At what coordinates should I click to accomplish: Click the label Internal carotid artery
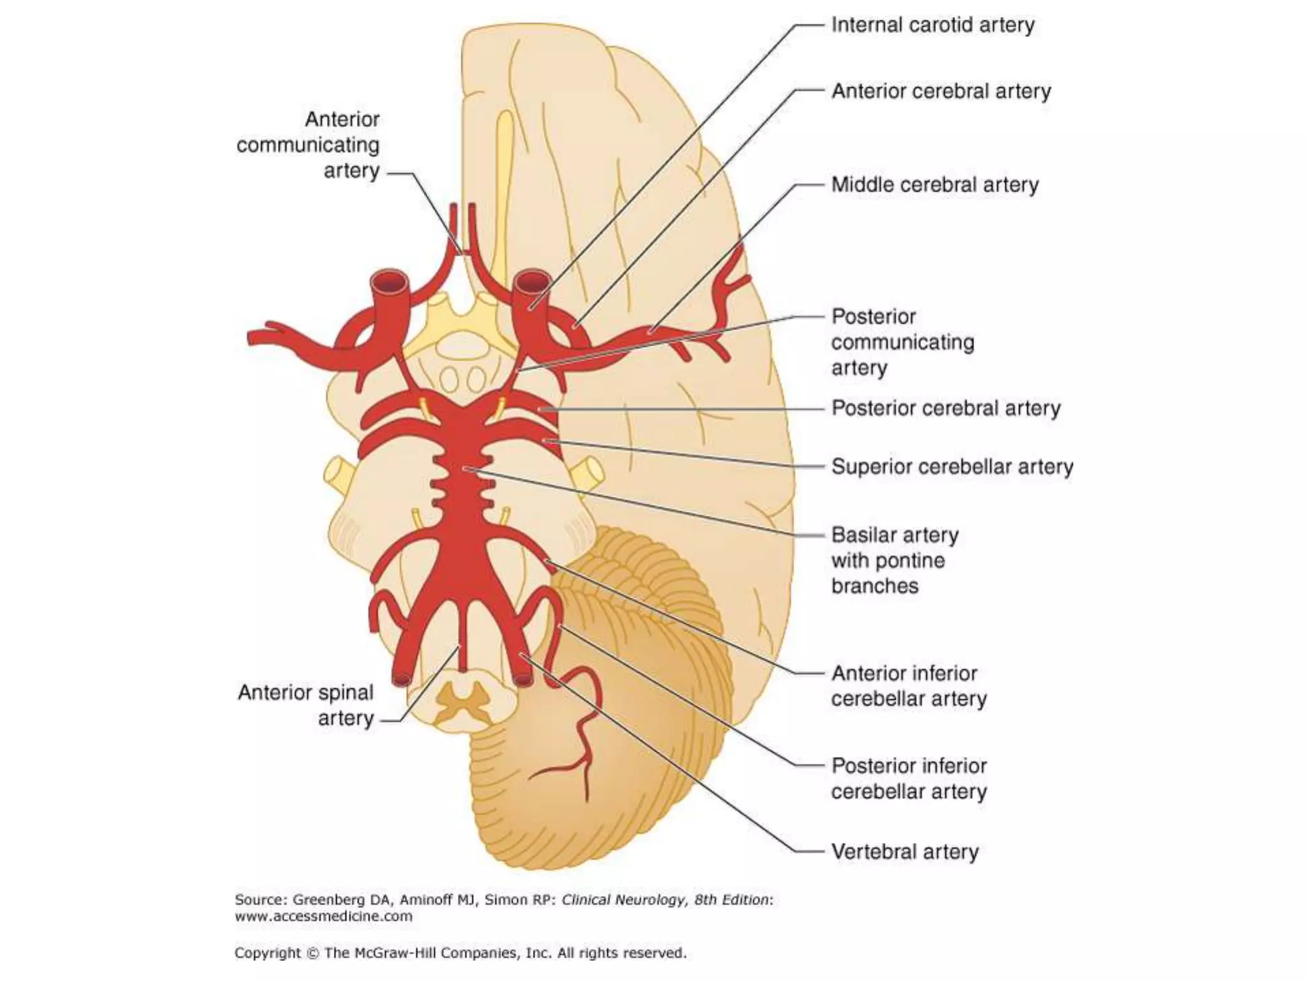click(x=932, y=26)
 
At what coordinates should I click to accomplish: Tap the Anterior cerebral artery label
click(x=941, y=92)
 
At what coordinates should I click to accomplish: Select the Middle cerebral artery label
click(x=934, y=185)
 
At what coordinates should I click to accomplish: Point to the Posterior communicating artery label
click(x=902, y=342)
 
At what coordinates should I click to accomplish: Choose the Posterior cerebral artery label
click(x=945, y=408)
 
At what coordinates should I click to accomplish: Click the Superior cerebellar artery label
click(x=952, y=467)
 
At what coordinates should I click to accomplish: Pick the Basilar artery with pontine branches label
click(x=894, y=560)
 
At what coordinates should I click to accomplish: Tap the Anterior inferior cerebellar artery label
click(x=908, y=686)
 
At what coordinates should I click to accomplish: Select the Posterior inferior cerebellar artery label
click(x=908, y=779)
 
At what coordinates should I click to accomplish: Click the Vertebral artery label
click(x=904, y=852)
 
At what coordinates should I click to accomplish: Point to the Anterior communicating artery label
click(x=308, y=145)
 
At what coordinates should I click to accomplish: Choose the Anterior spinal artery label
click(x=307, y=705)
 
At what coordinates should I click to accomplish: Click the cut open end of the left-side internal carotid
click(x=389, y=282)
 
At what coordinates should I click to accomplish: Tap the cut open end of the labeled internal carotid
click(x=533, y=281)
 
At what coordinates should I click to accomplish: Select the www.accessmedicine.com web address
click(x=323, y=916)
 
